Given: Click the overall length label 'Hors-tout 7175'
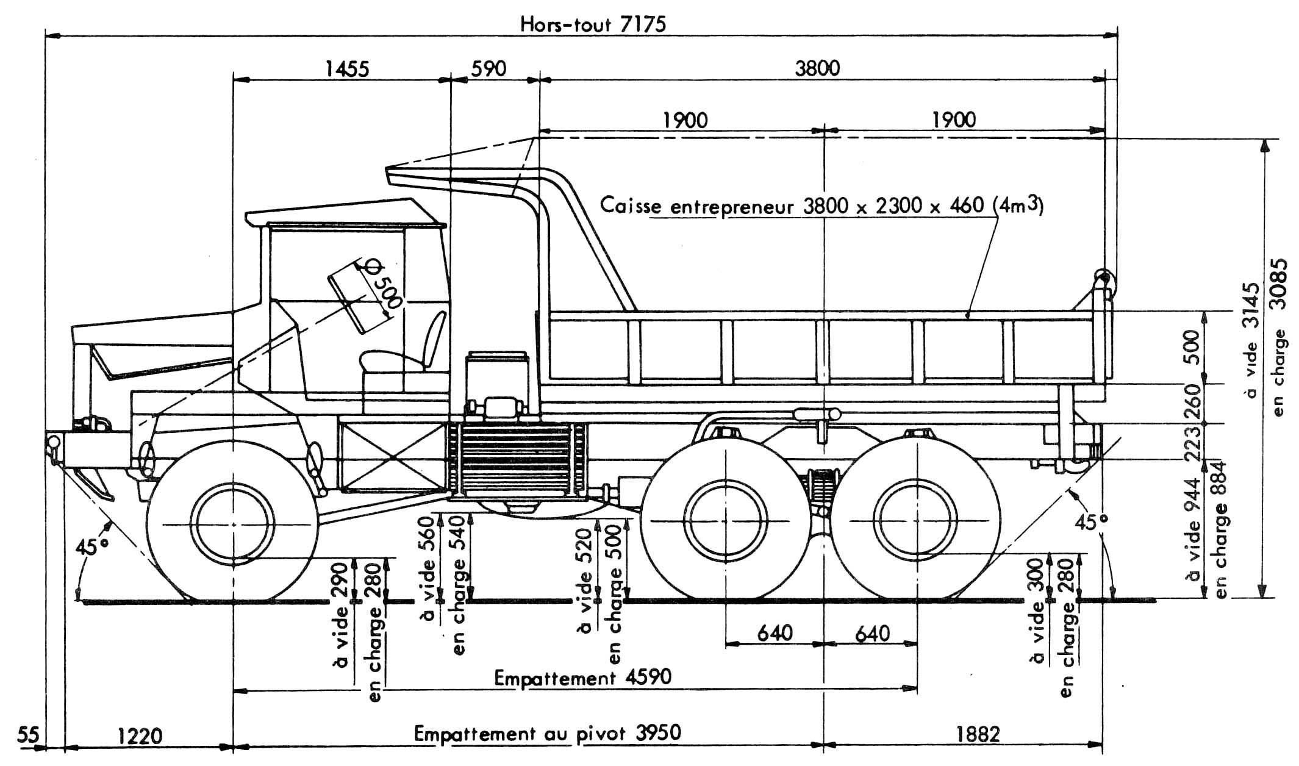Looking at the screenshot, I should tap(592, 24).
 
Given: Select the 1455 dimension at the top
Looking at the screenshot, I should tap(346, 68).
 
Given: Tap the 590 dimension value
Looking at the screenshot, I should tap(488, 68).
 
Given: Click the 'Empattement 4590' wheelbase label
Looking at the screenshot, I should tap(582, 678).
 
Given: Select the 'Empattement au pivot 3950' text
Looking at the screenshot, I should tap(547, 732).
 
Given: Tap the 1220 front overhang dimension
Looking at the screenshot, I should tap(140, 736).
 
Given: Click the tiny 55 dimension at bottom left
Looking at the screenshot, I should tap(27, 736).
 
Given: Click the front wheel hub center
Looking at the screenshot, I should tap(234, 523).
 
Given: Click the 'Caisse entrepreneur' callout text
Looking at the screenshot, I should tap(820, 206).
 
